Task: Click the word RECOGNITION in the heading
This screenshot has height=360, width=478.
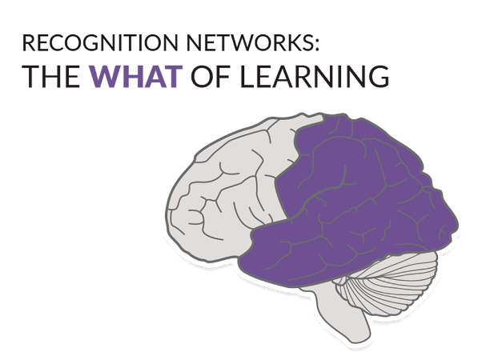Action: pos(100,42)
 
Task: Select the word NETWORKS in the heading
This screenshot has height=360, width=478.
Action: pos(249,42)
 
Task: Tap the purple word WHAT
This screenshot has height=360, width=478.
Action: pos(135,76)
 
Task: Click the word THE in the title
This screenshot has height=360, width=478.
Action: pos(51,76)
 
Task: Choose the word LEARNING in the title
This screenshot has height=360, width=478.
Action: pos(315,76)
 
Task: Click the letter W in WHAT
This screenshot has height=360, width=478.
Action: pos(105,76)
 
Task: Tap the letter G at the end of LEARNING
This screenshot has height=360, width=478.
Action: pos(379,76)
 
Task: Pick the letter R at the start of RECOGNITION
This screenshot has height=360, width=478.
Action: pos(29,42)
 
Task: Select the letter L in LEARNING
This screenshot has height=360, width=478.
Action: pos(247,76)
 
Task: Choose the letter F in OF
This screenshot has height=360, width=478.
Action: pos(223,76)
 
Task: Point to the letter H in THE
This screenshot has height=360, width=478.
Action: pos(50,76)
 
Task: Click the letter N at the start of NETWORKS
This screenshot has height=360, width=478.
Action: pos(194,42)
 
